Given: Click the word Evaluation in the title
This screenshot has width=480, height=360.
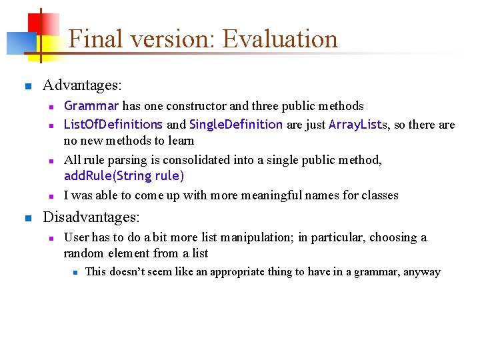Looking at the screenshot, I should (280, 39).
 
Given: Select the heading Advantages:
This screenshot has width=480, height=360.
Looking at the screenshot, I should (82, 86).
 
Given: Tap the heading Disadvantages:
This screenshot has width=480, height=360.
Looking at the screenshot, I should (91, 217).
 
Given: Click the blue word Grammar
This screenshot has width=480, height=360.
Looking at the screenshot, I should (91, 106).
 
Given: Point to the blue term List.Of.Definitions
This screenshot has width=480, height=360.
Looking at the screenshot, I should (113, 125).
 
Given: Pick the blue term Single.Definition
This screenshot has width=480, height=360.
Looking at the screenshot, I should (236, 125).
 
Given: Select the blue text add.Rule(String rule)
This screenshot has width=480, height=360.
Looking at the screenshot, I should (124, 176).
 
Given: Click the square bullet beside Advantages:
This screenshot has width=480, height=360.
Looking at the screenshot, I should (27, 87).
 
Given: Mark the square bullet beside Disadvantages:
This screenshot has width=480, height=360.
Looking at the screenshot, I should (27, 218).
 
